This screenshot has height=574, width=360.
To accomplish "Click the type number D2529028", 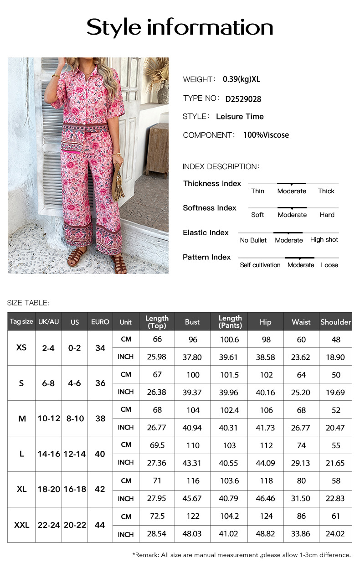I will tap(243, 99).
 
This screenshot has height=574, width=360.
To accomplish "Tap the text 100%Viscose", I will tap(266, 135).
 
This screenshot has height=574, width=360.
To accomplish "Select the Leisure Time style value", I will tap(240, 117).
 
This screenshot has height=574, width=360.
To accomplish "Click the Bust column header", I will tap(192, 322).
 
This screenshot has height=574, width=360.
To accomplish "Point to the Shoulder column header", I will tap(336, 322).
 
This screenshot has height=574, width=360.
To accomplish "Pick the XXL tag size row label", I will tap(21, 525).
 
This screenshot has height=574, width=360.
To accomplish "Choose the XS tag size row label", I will tap(21, 347).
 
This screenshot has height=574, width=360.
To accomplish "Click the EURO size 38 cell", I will tap(100, 419).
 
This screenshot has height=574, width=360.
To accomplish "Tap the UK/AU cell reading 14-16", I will tap(48, 454).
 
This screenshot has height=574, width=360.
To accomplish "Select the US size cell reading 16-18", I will tap(75, 489).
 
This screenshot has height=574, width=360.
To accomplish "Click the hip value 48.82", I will tap(266, 534).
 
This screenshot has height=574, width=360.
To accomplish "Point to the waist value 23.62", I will tap(301, 357).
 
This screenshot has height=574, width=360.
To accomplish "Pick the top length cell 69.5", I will tap(157, 445).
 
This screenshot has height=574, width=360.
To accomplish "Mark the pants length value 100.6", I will tap(229, 340).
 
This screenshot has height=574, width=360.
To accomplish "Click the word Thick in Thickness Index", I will tap(326, 191).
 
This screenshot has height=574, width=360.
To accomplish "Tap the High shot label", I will tap(324, 240).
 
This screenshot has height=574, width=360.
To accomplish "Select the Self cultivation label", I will tap(260, 265).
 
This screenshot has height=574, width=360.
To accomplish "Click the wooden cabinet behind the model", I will tap(158, 149).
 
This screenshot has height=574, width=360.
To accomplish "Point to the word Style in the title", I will tap(114, 27).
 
